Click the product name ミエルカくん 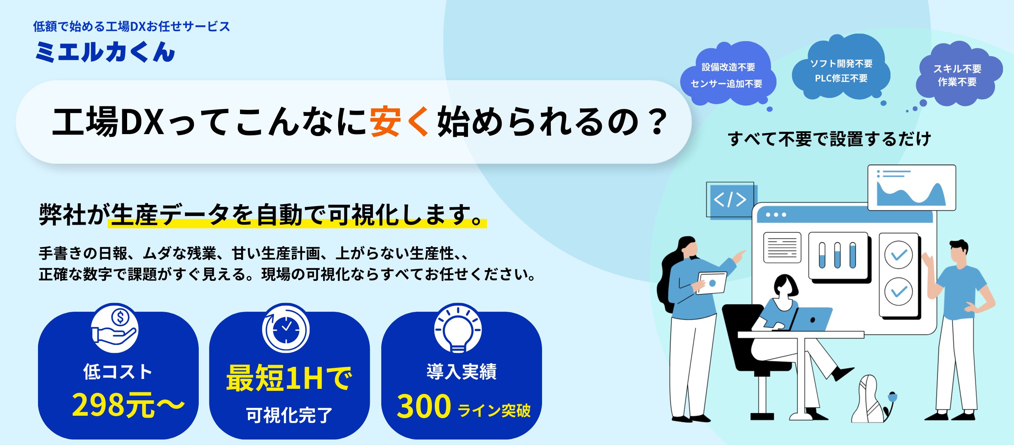[x=105, y=52]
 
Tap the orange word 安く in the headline [x=400, y=121]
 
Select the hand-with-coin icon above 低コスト [x=115, y=328]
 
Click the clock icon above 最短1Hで [x=286, y=328]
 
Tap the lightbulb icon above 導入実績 [x=458, y=328]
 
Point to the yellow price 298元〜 [x=128, y=405]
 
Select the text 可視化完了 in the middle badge [x=289, y=415]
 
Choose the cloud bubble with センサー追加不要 [x=728, y=74]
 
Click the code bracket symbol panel [x=731, y=200]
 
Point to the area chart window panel [x=911, y=187]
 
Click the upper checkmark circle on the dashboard [x=898, y=255]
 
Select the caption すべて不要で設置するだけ [x=829, y=139]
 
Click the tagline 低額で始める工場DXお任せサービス [x=131, y=27]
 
